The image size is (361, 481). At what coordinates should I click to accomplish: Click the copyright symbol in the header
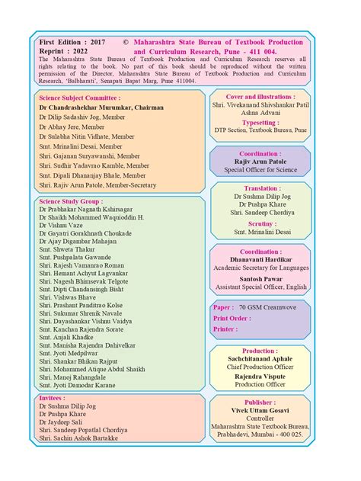[x=125, y=43]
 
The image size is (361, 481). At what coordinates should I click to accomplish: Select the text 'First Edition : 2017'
[x=72, y=43]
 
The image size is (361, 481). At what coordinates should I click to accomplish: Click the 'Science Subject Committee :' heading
[x=79, y=98]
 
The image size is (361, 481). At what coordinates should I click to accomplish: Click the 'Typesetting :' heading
[x=260, y=121]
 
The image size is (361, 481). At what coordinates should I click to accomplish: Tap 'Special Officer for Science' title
[x=260, y=169]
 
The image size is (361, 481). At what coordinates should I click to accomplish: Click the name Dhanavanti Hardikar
[x=260, y=259]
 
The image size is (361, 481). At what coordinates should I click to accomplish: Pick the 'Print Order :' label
[x=232, y=318]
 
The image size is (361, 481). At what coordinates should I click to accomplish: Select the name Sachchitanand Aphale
[x=260, y=358]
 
